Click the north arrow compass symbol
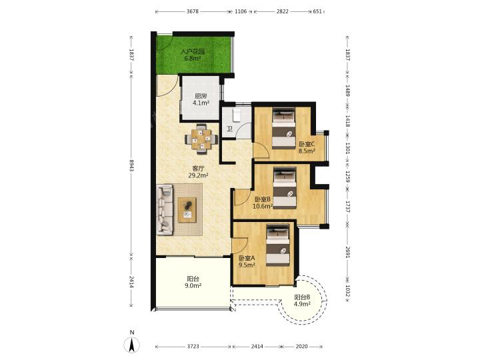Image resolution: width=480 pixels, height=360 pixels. tap(132, 345)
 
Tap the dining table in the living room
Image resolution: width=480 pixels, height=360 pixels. tap(201, 139)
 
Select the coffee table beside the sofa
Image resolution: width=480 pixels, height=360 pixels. tap(187, 210)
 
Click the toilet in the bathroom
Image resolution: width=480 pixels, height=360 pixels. tap(236, 115)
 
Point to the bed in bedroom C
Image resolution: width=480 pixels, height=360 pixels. tap(284, 128)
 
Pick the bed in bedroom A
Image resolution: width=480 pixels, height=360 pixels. tap(277, 245)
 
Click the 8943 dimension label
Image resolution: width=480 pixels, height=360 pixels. tap(131, 165)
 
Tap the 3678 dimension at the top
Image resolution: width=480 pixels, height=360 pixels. tap(193, 11)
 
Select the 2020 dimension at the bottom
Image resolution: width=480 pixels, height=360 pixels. tap(301, 346)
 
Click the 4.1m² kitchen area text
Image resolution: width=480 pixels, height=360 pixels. tap(201, 103)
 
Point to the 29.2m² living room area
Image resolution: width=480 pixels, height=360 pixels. tap(199, 175)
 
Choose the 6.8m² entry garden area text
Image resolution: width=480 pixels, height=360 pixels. tap(192, 58)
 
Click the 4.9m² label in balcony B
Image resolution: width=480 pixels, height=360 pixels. tap(302, 304)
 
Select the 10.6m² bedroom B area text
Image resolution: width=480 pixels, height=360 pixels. tap(263, 206)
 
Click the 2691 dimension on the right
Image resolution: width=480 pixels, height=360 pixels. tap(347, 252)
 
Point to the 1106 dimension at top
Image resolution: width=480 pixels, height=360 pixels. tap(241, 11)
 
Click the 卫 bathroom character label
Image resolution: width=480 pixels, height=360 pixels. tap(229, 129)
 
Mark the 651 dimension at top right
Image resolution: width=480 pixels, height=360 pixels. tap(317, 11)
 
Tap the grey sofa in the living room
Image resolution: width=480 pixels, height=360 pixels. tap(165, 210)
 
